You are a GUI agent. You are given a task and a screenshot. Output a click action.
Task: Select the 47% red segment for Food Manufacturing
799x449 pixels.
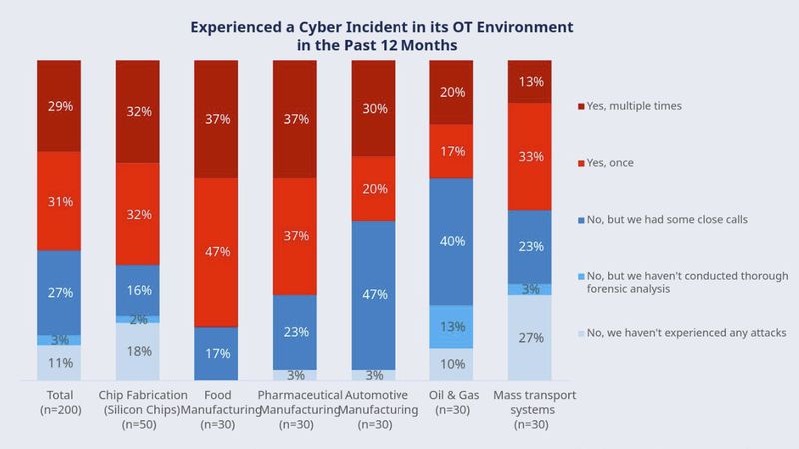(216, 251)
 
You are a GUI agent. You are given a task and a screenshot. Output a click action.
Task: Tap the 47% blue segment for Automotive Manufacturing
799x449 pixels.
(373, 294)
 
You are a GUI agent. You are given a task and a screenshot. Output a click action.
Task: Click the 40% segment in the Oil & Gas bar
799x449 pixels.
(450, 240)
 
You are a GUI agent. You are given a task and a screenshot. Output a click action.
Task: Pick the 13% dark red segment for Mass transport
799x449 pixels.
(529, 82)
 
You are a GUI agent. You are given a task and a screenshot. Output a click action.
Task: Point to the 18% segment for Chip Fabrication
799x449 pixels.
(138, 352)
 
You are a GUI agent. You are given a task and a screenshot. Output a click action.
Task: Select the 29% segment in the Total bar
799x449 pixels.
(59, 105)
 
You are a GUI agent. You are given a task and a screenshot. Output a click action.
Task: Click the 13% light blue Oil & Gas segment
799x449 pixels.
(450, 326)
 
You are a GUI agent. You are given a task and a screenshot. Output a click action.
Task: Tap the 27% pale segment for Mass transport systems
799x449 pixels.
(529, 338)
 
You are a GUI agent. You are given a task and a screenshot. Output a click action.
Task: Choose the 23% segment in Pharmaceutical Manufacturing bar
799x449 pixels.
(294, 332)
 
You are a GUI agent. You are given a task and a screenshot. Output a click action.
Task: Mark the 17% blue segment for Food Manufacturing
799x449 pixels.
(216, 354)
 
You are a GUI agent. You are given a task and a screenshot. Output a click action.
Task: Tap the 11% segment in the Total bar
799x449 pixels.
(59, 363)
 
